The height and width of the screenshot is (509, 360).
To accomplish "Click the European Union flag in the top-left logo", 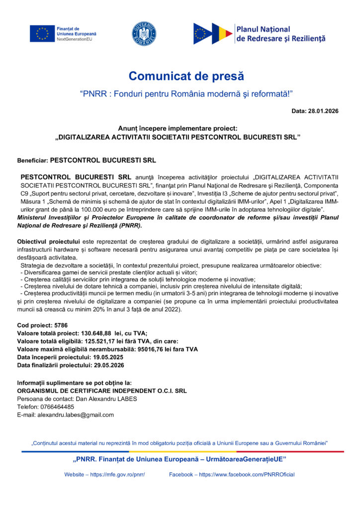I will point(42,33).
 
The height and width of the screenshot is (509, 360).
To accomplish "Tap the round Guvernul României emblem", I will point(144,34).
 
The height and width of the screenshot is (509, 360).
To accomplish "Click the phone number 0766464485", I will point(57,407).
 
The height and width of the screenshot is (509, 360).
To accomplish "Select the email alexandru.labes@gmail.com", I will point(76,415).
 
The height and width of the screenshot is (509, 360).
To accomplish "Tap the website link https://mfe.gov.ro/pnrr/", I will point(117,474).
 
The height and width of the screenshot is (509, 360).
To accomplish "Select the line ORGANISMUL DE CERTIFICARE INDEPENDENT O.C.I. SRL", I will point(102,391).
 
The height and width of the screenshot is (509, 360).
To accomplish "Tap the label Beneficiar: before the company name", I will point(32,161).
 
